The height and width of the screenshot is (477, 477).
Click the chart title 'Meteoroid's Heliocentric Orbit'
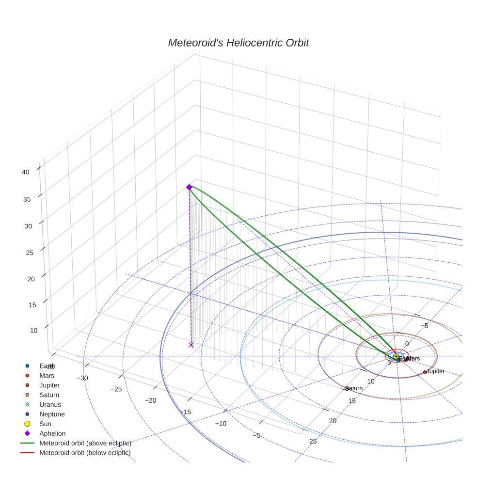pos(238,43)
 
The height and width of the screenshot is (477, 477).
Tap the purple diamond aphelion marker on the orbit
pos(189,187)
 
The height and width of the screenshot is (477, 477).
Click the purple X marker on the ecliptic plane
pos(191,345)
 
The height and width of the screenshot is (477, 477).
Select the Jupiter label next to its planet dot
pos(435,371)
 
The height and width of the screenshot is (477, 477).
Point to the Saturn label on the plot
pos(354,388)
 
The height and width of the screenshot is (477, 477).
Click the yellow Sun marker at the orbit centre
pos(396,356)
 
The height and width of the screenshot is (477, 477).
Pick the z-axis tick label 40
pos(26,172)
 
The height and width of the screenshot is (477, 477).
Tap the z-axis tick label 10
pos(33,331)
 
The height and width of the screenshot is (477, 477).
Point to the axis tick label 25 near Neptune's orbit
pos(313,441)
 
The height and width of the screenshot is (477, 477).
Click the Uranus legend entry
pos(50,404)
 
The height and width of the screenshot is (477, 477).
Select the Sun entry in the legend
pos(45,424)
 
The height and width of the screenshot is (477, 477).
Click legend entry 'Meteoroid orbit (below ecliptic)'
pos(85,453)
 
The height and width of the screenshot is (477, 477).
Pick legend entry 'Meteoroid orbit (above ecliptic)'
pos(85,443)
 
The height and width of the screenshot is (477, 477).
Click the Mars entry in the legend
pos(47,375)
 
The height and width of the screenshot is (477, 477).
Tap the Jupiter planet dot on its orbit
pos(425,372)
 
